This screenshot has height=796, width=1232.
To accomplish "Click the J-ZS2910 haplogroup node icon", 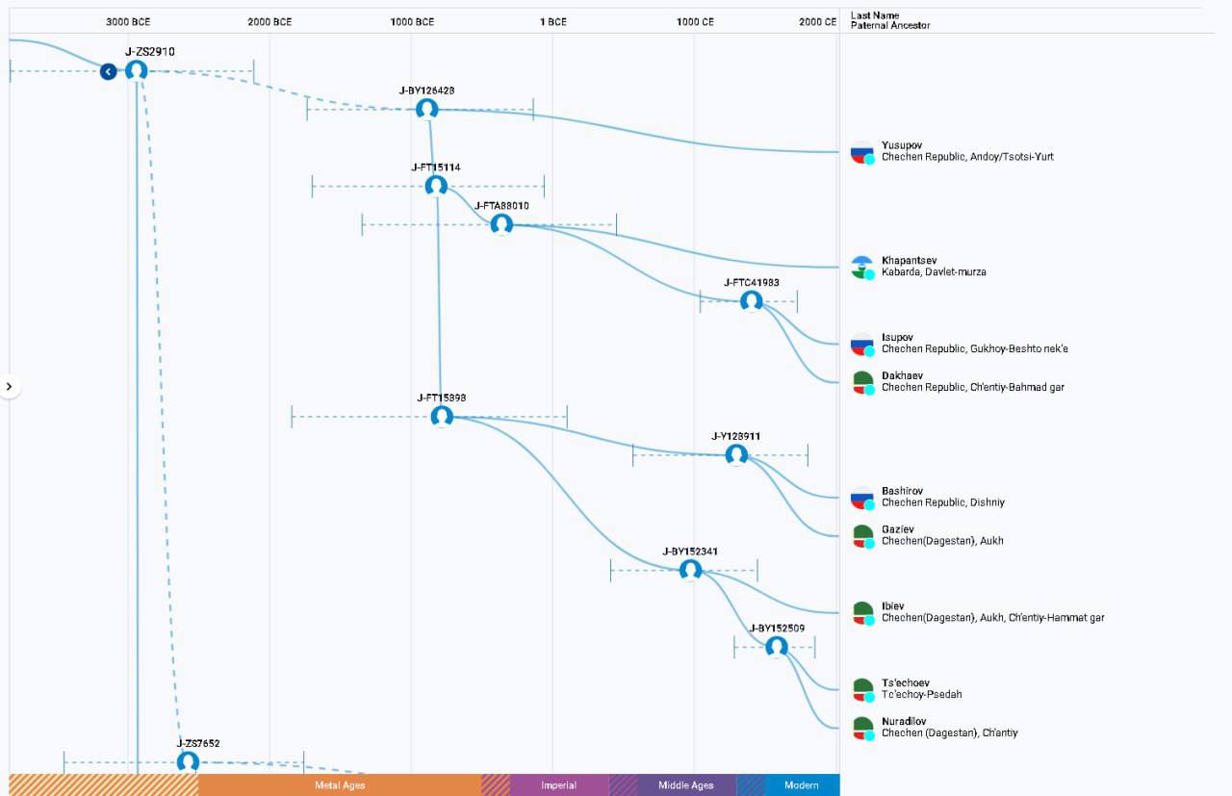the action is (x=137, y=71).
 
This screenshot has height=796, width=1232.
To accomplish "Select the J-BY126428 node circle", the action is (x=426, y=110).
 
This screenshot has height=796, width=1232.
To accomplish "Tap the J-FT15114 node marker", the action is (x=436, y=186).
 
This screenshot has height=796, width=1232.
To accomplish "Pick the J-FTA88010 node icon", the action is (x=501, y=224).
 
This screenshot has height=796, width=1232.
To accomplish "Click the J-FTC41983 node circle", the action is (x=752, y=301).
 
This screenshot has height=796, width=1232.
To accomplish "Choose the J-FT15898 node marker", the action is (x=442, y=417).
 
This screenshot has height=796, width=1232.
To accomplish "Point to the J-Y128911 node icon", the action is (x=736, y=455).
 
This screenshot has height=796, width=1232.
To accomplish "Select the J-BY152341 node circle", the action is (x=690, y=570).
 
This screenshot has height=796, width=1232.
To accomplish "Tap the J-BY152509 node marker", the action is (x=777, y=647).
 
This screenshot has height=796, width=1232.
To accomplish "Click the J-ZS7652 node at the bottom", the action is (x=188, y=762).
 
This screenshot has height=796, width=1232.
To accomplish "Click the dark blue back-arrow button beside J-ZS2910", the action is (x=109, y=71).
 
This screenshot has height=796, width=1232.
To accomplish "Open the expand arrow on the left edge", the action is (x=10, y=387).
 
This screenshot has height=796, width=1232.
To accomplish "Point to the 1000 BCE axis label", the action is (x=412, y=22).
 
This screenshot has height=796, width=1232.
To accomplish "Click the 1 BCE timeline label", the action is (x=552, y=22).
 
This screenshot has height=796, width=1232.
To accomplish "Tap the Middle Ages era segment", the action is (x=686, y=785).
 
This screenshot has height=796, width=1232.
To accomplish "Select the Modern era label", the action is (x=802, y=785).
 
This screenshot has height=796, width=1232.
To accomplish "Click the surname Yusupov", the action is (x=902, y=145).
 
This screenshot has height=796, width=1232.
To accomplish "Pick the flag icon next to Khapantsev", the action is (x=862, y=268).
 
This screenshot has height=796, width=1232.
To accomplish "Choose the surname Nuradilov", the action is (x=904, y=721).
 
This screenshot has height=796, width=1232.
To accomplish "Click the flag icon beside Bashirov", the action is (x=862, y=498).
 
